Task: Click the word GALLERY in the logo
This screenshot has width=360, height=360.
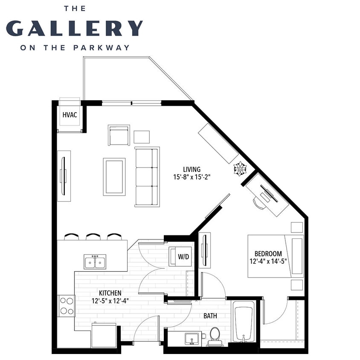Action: pos(74,28)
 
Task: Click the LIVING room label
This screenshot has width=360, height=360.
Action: pos(192,169)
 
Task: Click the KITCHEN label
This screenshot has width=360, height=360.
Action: pos(110,293)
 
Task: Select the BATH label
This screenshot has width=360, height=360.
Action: pos(210,316)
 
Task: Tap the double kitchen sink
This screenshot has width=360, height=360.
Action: pos(95,261)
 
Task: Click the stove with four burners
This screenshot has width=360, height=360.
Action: pos(66,305)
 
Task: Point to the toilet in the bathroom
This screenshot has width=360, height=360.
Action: pos(215,335)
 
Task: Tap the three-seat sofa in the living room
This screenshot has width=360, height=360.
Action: pos(147,177)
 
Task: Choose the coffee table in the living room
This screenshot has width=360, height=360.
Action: pos(114,177)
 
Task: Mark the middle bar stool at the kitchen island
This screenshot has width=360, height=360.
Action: pos(93,236)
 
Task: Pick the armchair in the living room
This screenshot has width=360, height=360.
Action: pos(119,135)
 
